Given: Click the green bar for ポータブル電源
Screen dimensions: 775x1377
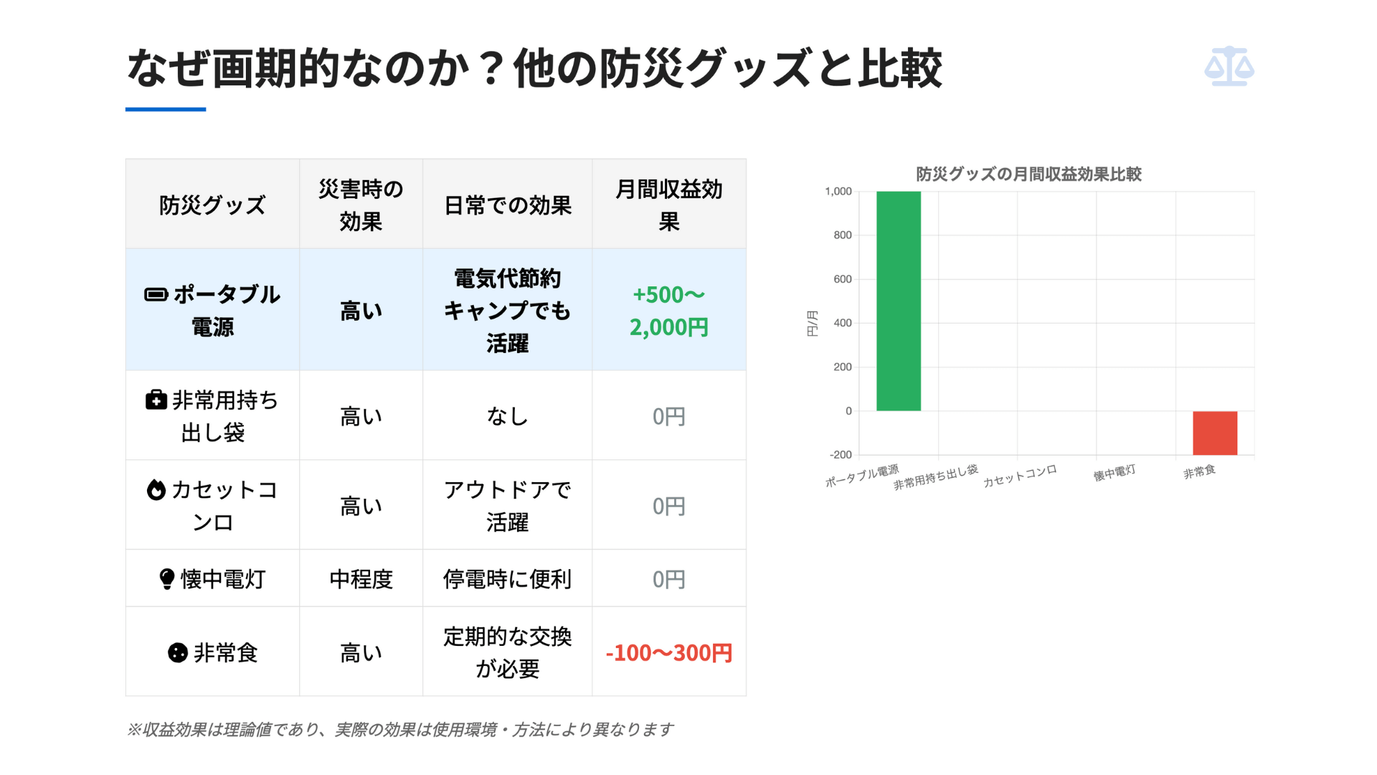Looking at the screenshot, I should tap(898, 301).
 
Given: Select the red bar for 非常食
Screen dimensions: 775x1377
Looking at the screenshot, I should tap(1214, 433).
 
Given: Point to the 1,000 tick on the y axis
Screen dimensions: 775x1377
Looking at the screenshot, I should tap(838, 192).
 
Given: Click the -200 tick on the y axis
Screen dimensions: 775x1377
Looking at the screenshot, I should tap(840, 455).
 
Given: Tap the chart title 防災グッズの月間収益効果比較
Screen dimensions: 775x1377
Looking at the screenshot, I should tap(1028, 174).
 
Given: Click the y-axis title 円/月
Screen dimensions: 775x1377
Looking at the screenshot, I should tap(812, 323).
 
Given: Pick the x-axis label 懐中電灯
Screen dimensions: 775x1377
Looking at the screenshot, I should tap(1114, 473).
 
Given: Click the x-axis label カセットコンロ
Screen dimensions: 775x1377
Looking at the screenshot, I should tap(1019, 476).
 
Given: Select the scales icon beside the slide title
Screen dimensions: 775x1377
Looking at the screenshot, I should tap(1229, 67).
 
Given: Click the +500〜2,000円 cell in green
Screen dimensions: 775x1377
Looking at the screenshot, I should tap(669, 311).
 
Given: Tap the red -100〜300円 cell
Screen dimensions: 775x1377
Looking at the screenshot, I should tap(669, 653).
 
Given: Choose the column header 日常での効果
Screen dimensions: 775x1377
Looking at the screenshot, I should tap(508, 206).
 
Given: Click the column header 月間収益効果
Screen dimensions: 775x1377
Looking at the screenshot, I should tap(669, 205).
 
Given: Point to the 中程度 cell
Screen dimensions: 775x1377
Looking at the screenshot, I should tap(361, 579).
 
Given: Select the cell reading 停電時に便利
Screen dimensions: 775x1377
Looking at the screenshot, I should tap(508, 579).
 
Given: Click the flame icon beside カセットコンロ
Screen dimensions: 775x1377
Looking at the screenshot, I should tap(156, 490).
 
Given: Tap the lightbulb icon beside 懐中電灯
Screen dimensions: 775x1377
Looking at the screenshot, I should tap(166, 579).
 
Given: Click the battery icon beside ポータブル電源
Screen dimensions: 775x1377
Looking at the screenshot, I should tap(156, 295).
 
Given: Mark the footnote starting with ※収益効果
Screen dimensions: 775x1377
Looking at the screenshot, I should tap(399, 730).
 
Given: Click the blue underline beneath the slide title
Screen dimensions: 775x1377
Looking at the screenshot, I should tap(166, 109).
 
